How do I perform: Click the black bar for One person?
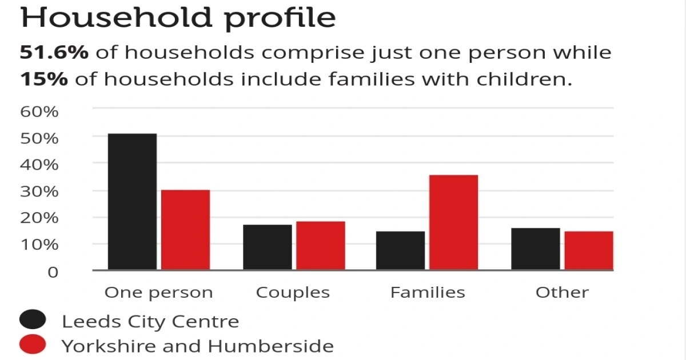[x=132, y=201]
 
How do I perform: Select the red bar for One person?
[x=185, y=230]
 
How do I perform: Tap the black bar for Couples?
[x=267, y=247]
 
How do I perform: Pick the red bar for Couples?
[x=320, y=245]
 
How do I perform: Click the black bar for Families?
[x=400, y=250]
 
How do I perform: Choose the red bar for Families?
[x=453, y=222]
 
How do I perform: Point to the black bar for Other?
[x=535, y=249]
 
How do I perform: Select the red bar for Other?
[x=588, y=250]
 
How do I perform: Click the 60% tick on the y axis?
[x=39, y=111]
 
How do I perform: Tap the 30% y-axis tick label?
[x=39, y=191]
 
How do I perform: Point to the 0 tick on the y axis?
[x=53, y=271]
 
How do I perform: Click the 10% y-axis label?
[x=39, y=245]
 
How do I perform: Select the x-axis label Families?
[x=428, y=293]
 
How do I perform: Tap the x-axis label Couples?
[x=293, y=293]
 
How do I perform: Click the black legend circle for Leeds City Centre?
[x=33, y=321]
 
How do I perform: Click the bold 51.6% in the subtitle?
[x=54, y=53]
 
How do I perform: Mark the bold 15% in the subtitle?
[x=44, y=79]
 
